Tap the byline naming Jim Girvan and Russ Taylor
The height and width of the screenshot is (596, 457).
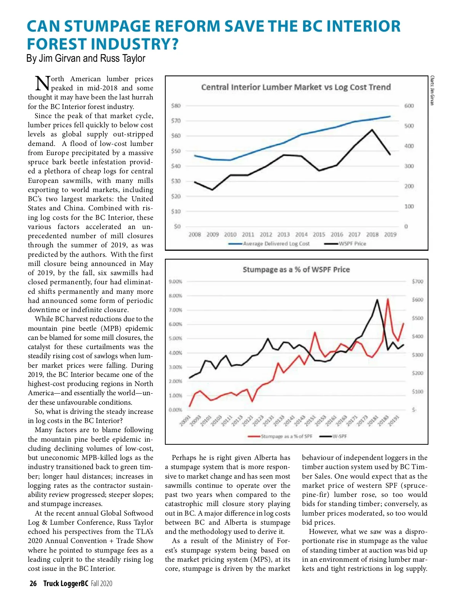86,58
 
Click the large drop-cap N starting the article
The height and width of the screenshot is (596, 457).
42,83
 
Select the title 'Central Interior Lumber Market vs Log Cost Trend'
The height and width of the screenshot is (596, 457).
296,87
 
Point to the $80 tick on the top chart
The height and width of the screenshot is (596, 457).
176,106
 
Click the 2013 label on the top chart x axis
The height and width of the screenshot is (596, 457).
283,235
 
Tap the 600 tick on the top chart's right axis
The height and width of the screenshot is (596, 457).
409,106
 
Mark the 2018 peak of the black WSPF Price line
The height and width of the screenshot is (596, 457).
372,130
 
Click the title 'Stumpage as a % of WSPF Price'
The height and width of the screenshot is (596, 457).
296,270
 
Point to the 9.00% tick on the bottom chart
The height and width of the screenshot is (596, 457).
175,282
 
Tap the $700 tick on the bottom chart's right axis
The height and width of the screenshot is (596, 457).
417,282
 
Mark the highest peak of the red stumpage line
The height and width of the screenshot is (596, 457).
388,299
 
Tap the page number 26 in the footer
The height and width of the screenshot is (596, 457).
33,583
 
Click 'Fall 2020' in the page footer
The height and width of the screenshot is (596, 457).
102,583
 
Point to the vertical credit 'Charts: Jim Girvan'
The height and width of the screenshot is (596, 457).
432,90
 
